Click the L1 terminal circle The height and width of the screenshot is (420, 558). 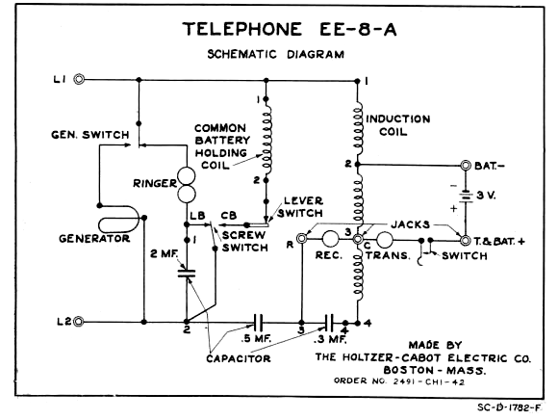coord(79,79)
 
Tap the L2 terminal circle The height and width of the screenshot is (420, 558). coord(79,322)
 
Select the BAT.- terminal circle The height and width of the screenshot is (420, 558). coord(466,166)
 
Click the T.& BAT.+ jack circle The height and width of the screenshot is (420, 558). coord(465,241)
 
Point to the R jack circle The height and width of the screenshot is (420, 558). coord(302,238)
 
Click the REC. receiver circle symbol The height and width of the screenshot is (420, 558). coord(330,239)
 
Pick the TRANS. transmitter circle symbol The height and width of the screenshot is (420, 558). coord(384,240)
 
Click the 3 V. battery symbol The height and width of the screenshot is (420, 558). coord(466,197)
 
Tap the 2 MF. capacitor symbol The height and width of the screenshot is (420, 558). coord(187,274)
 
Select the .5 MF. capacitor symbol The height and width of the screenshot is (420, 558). coord(258,322)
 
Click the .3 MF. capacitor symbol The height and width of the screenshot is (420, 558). coord(330,322)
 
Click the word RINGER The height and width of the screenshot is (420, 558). coord(155,183)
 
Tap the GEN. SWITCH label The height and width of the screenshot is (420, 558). coord(90,135)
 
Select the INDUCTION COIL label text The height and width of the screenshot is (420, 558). coord(398,125)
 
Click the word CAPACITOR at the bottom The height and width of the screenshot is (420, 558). coord(238,358)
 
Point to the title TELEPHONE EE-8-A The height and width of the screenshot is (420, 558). coord(290,29)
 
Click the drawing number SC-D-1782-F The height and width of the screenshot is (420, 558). coord(509,407)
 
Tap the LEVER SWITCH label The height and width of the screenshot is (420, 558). coord(300,207)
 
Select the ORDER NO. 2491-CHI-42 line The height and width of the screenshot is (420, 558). coord(399,381)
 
